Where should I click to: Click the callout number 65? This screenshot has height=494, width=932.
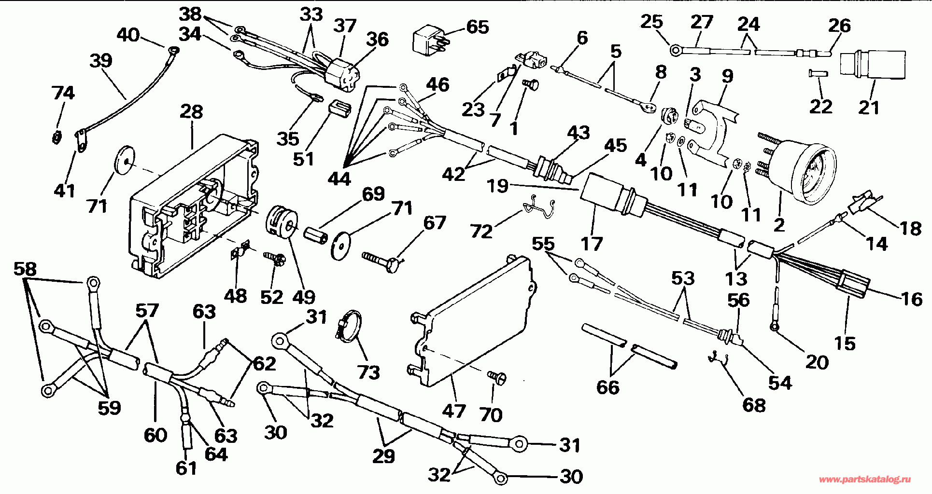(x=477, y=27)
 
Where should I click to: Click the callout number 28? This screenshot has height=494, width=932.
(x=192, y=112)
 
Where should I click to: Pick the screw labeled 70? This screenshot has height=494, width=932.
(x=496, y=377)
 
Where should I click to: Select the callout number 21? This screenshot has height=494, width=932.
(x=869, y=107)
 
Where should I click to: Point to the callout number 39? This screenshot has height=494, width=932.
(x=101, y=61)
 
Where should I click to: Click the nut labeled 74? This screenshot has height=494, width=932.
(x=56, y=138)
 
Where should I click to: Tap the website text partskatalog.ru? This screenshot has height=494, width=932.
(x=865, y=479)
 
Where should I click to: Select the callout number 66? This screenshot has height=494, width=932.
(x=607, y=387)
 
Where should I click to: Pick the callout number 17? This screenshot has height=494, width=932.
(x=592, y=244)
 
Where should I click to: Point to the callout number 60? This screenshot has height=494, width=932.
(x=155, y=435)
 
